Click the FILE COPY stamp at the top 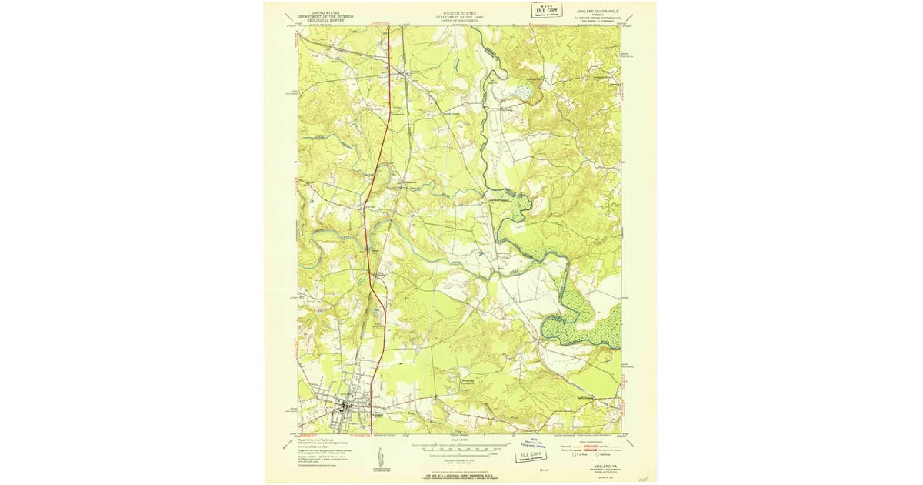(x=547, y=9)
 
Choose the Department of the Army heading (x=460, y=17)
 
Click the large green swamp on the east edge (x=588, y=323)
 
